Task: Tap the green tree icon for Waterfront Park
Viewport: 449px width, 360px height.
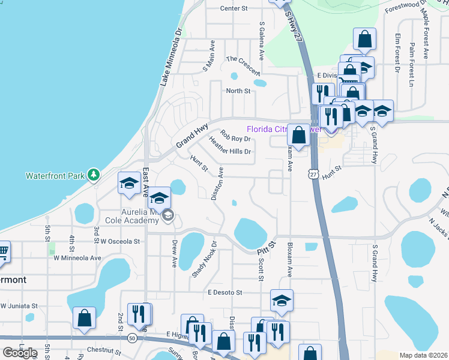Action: click(93, 175)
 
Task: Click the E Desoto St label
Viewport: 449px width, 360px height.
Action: click(224, 292)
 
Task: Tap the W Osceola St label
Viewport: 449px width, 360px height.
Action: click(120, 241)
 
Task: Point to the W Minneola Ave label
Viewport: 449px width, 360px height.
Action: click(77, 258)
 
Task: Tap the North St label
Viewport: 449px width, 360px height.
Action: click(237, 91)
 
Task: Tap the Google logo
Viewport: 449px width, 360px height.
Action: click(19, 352)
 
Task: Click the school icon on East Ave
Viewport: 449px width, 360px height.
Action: click(129, 185)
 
